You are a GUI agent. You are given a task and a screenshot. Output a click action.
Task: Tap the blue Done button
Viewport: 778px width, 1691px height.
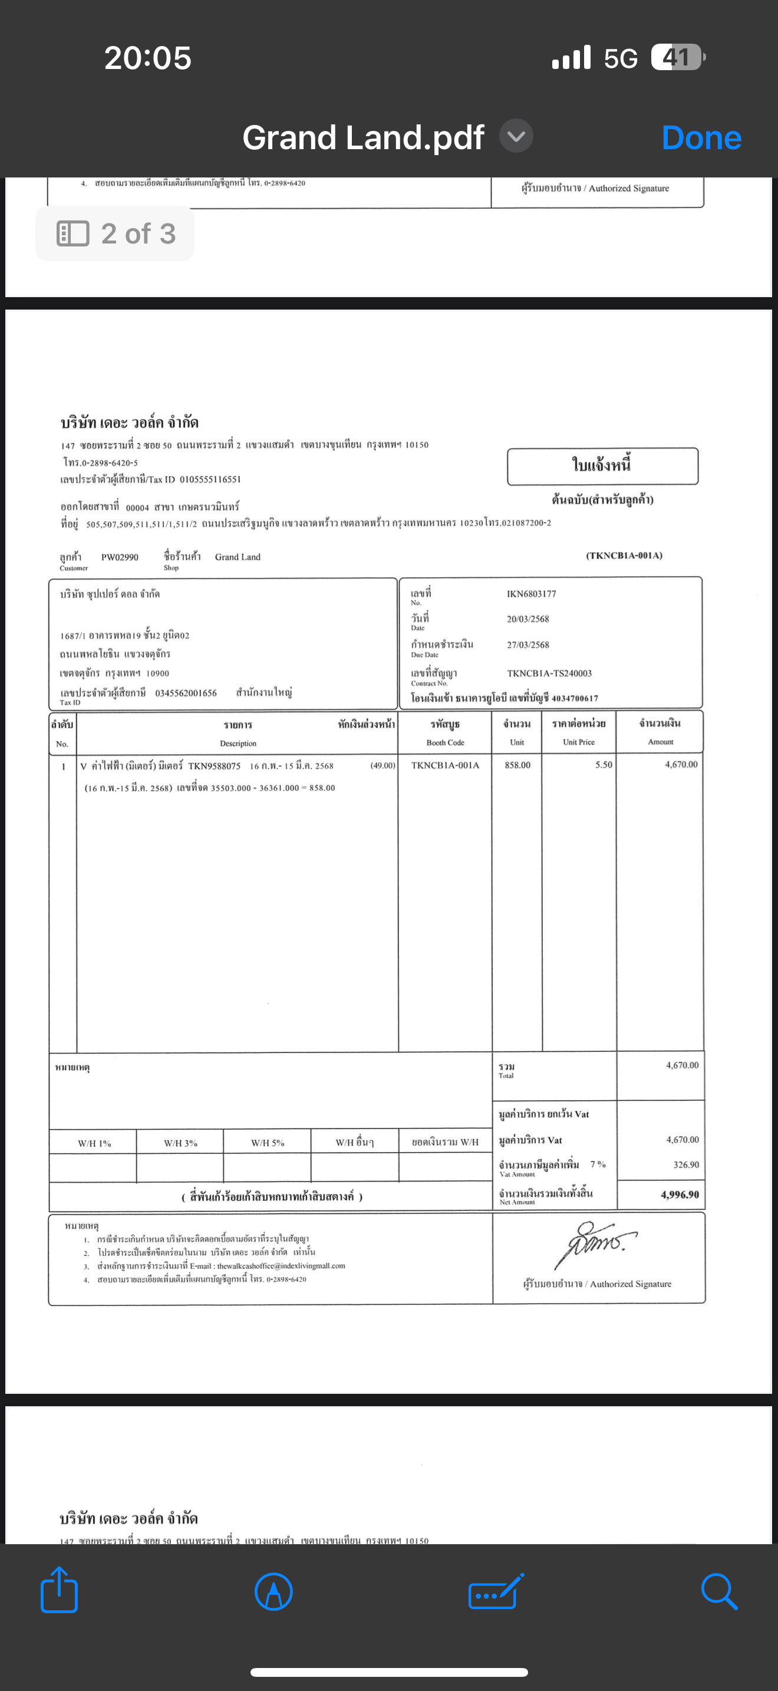(701, 138)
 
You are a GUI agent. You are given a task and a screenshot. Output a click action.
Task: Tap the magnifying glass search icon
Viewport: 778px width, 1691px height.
(719, 1591)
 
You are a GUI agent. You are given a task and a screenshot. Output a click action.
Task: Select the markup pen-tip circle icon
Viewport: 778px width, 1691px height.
(273, 1591)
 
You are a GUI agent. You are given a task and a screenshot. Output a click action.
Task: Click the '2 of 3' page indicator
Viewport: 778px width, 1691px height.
(116, 233)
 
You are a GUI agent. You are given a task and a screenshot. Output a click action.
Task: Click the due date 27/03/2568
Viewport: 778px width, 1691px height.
(528, 645)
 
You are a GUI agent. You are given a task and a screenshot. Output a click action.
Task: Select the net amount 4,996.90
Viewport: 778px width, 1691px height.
(680, 1195)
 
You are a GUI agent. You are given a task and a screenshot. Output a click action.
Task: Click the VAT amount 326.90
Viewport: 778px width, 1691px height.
(685, 1165)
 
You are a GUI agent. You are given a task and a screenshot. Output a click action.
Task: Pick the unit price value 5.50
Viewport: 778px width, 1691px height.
(604, 765)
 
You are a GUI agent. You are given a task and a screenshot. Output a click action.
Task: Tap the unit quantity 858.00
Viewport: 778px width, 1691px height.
(517, 765)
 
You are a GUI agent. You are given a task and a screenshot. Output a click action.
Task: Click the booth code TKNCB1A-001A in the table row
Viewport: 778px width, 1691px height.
(445, 765)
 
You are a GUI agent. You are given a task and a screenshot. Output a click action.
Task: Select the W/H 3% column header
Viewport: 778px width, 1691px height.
(180, 1143)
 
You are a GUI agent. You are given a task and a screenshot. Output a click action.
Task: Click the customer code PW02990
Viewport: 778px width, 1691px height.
(120, 557)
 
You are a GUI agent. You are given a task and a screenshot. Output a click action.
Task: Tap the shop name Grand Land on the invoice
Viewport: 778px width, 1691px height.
(238, 557)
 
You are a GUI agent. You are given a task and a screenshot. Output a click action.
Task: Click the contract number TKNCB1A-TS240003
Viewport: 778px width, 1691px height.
(549, 673)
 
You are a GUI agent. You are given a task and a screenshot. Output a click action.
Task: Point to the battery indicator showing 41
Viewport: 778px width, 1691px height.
(678, 58)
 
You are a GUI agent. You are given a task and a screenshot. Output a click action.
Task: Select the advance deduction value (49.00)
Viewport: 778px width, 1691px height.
(383, 765)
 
